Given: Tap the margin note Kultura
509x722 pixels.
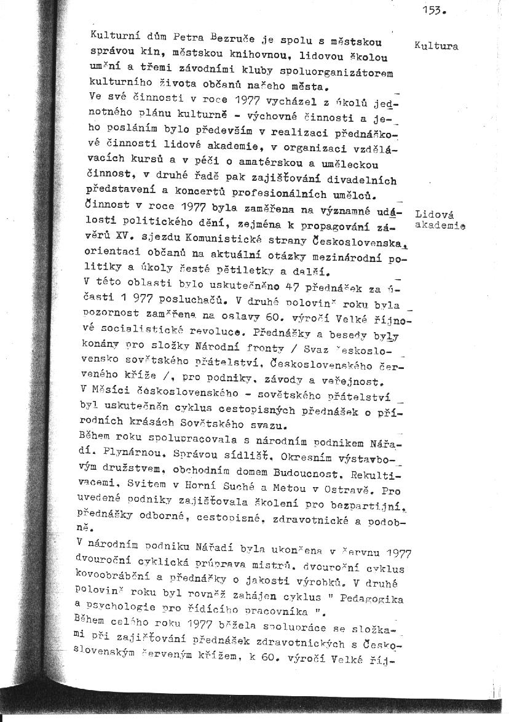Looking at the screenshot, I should tap(436, 46).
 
